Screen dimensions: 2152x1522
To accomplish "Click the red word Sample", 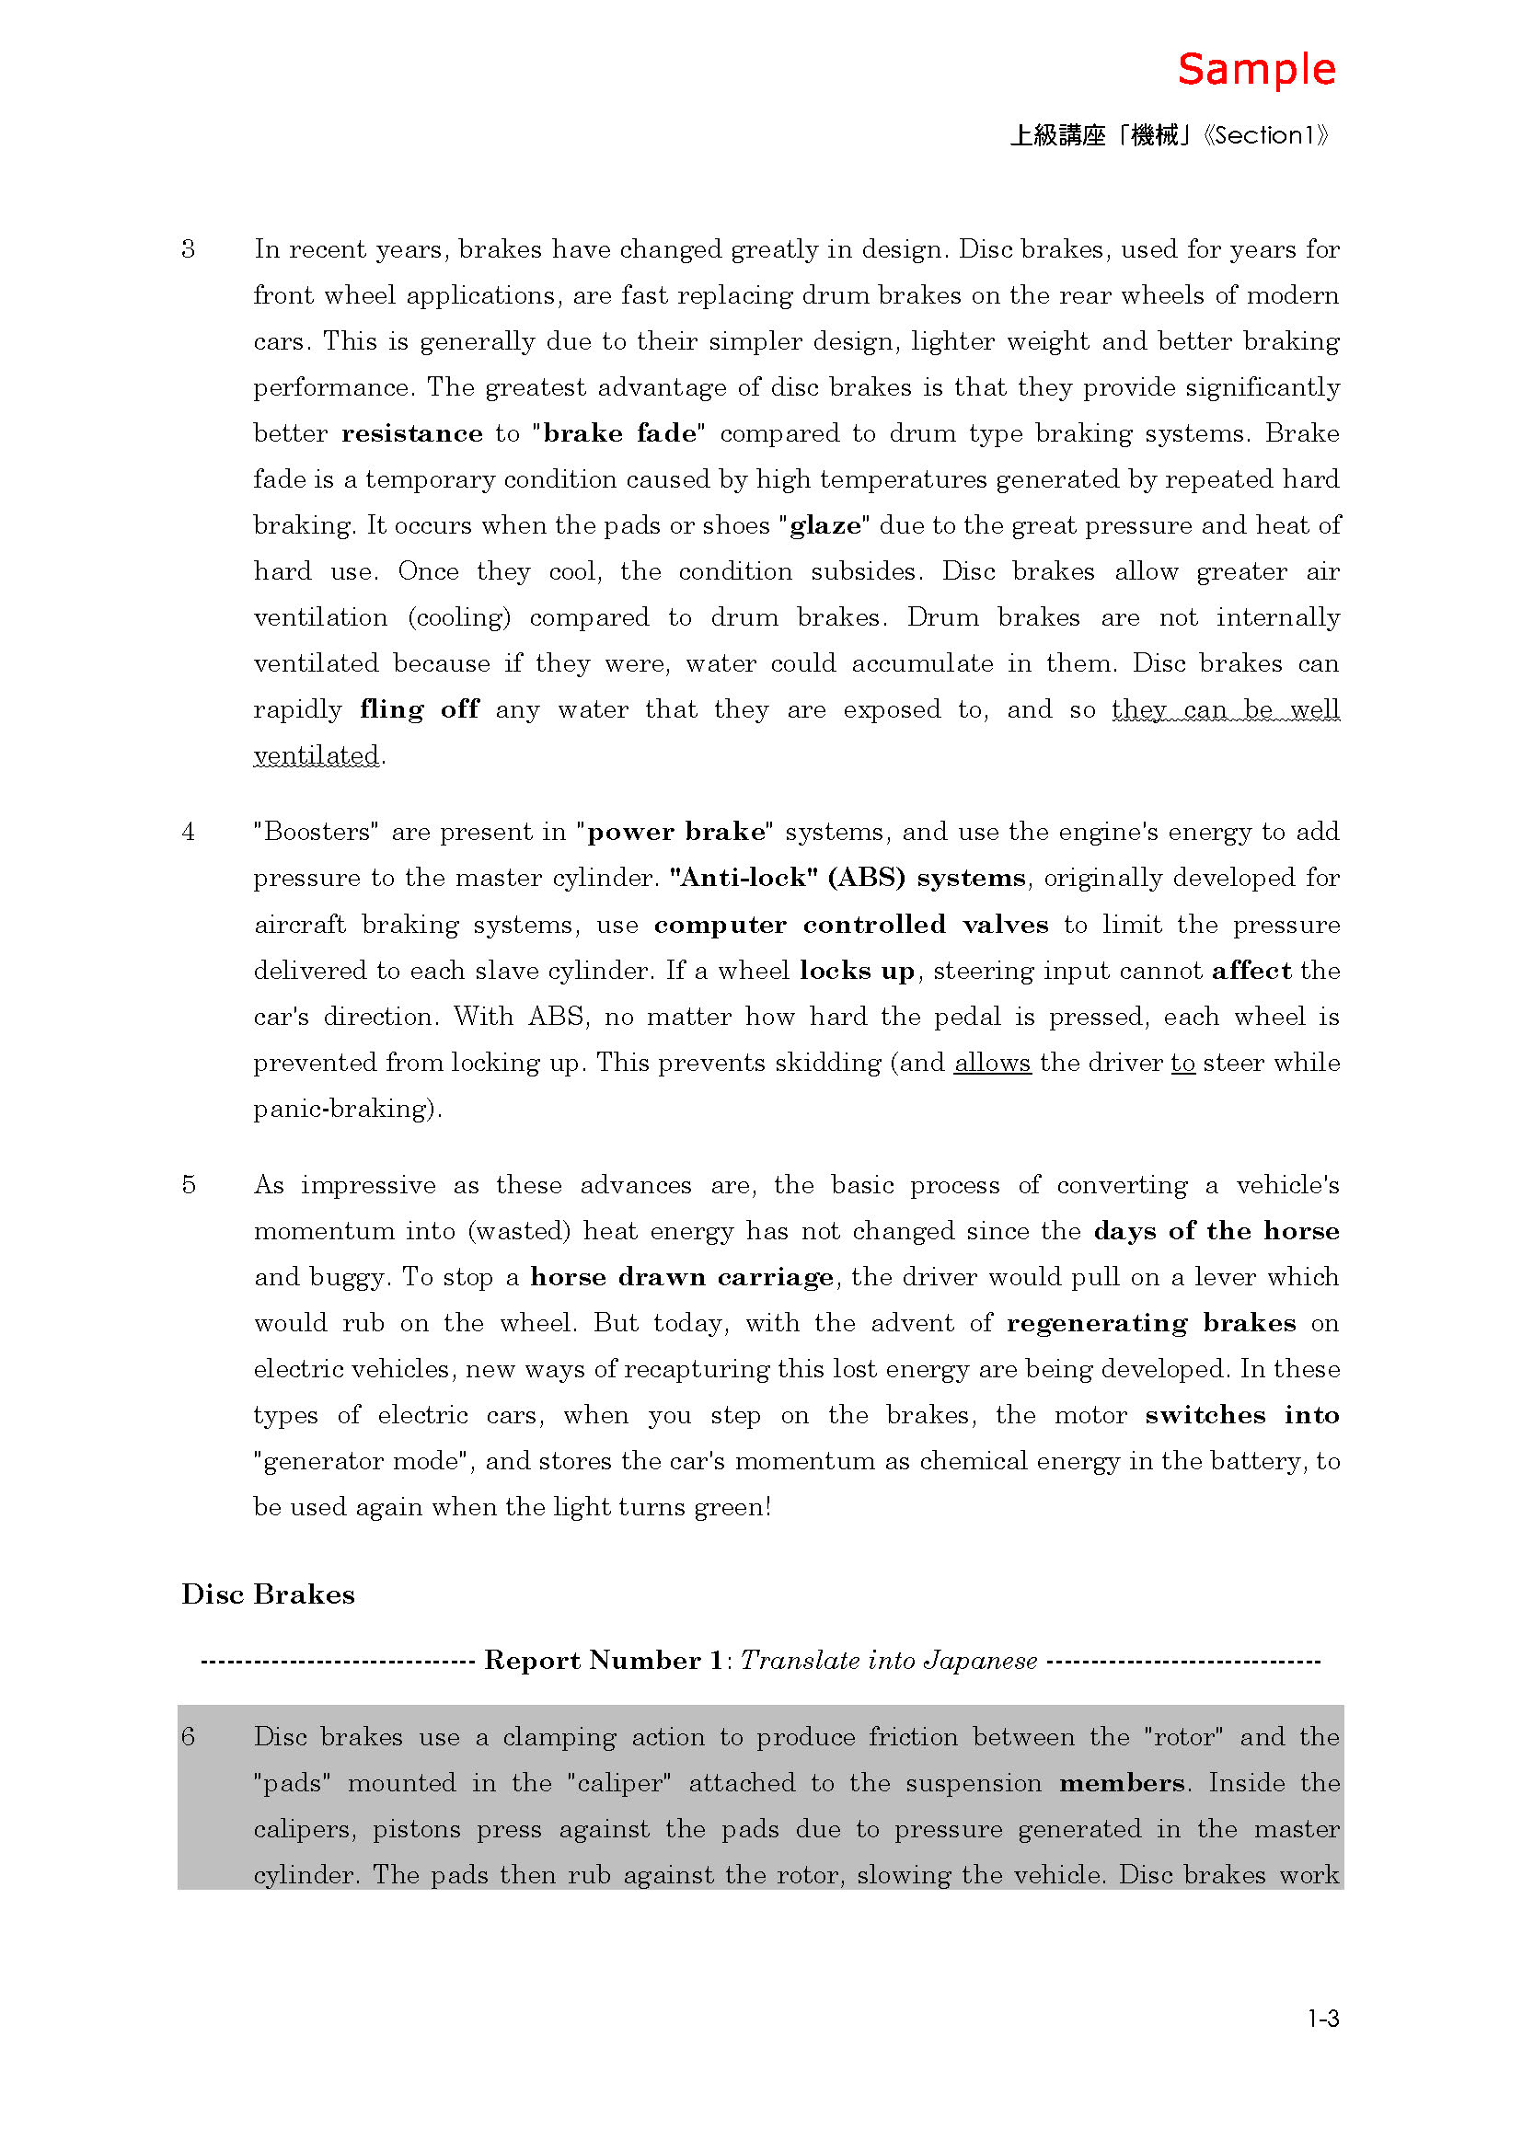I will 1256,70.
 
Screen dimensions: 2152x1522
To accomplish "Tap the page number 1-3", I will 1322,2018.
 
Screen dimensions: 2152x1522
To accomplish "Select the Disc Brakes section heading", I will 268,1594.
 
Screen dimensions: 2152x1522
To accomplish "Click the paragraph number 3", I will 189,249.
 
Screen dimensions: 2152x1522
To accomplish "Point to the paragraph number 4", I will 189,832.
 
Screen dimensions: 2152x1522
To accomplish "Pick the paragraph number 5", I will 189,1185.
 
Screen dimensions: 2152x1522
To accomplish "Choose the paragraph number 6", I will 189,1737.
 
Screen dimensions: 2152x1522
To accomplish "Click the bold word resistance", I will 411,433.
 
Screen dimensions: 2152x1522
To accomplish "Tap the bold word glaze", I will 824,524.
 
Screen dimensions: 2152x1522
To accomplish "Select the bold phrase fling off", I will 419,708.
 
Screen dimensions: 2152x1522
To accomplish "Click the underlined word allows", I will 993,1063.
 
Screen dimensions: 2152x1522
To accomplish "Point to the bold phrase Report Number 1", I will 603,1661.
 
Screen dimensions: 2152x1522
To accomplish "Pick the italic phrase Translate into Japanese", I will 889,1661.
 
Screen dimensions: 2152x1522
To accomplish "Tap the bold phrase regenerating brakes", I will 1151,1322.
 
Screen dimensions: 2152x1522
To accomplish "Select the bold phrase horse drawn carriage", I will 681,1277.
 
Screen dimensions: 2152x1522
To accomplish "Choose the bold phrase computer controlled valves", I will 851,924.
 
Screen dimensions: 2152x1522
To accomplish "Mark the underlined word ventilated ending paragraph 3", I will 317,755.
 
